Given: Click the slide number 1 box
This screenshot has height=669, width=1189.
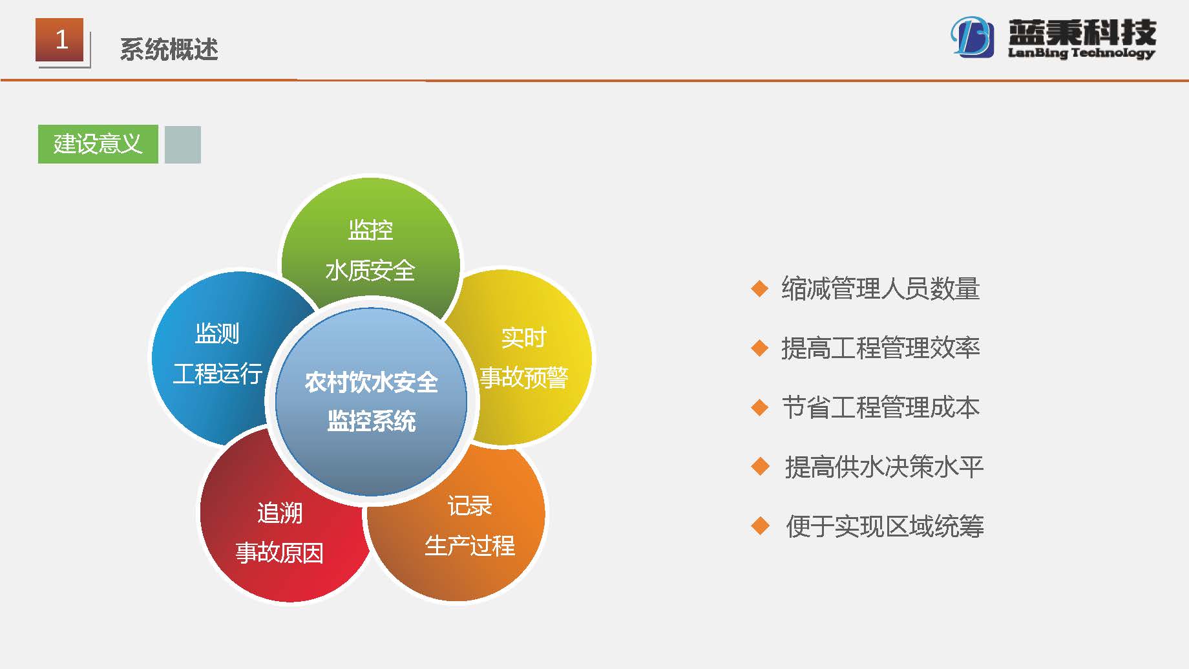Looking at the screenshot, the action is tap(59, 40).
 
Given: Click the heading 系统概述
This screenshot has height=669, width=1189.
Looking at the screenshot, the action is tap(169, 49).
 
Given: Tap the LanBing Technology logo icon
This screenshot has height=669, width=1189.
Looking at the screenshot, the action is tap(972, 37).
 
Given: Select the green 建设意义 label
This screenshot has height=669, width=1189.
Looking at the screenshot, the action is tap(98, 143).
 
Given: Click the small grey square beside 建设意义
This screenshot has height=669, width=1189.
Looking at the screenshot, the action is tap(183, 144).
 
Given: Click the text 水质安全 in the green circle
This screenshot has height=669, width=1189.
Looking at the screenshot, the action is tap(370, 270).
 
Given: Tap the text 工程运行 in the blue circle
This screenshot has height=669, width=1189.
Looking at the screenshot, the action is tap(218, 373).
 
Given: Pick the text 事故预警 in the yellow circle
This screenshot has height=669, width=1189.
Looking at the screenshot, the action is tap(524, 377).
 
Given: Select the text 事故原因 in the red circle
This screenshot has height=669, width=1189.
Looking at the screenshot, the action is tap(280, 553).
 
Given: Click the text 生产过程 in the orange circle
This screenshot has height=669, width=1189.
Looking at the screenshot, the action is tap(470, 546).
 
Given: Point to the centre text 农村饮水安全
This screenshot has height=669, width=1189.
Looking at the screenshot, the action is tap(372, 382).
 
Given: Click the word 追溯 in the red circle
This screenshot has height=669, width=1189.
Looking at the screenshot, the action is tap(280, 513).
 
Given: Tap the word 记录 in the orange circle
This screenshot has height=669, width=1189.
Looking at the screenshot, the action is tap(470, 505).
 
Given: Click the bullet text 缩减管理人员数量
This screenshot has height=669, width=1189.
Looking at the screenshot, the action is tap(881, 288).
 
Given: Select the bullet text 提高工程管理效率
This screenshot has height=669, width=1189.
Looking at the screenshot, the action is tap(881, 348).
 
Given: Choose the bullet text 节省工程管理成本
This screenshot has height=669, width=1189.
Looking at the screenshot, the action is tap(881, 407).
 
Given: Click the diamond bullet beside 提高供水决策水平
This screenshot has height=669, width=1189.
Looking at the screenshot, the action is tap(761, 466).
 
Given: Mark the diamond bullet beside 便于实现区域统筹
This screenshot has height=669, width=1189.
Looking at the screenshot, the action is tap(761, 526).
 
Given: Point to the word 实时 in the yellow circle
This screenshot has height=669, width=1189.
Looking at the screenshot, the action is tap(524, 337).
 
